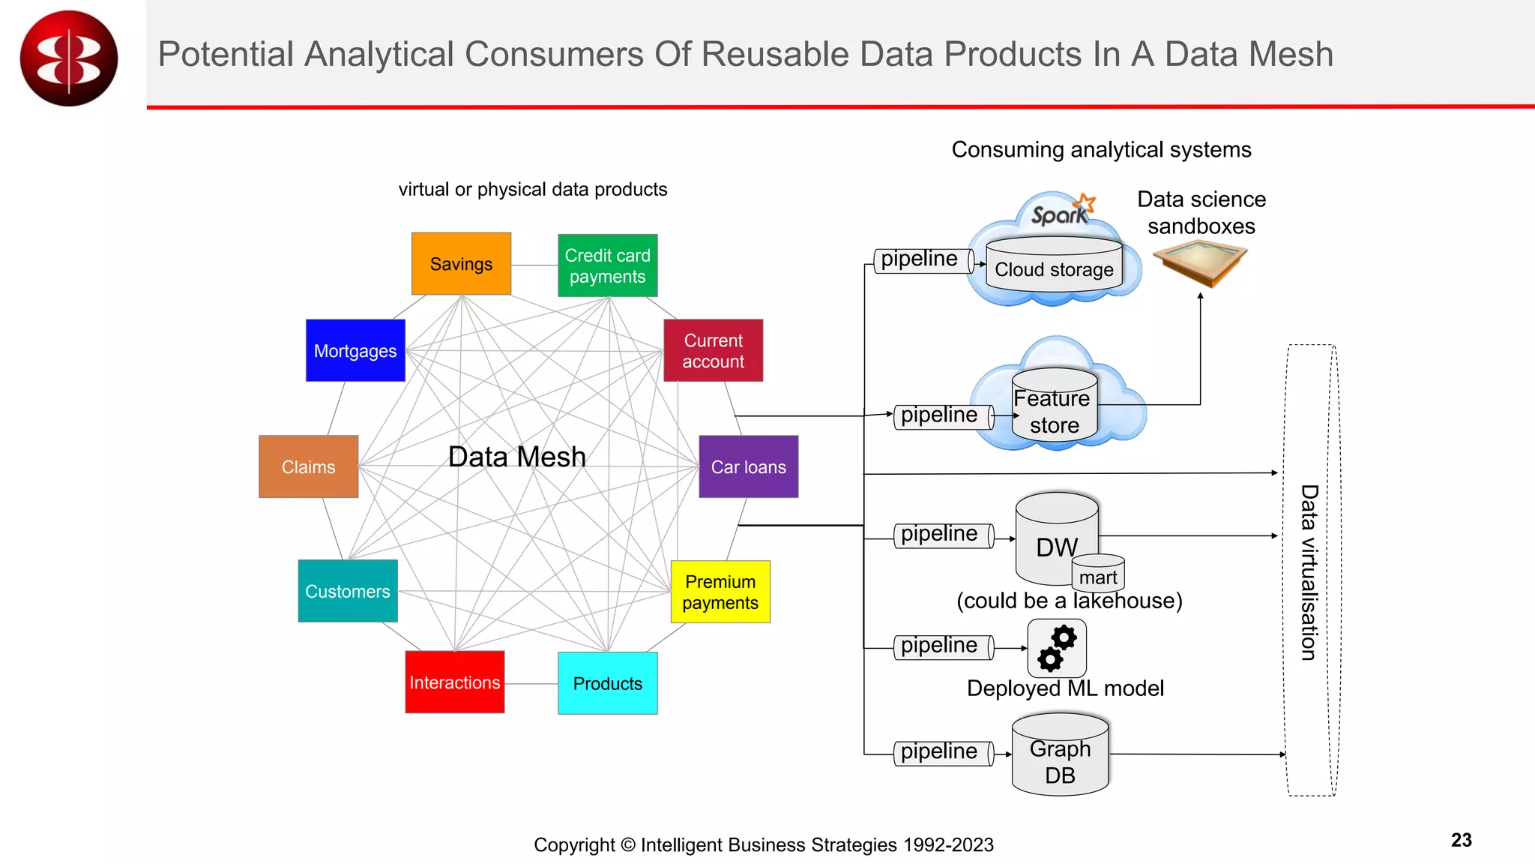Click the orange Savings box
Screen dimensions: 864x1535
(x=461, y=263)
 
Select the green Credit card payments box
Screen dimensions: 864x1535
(x=607, y=265)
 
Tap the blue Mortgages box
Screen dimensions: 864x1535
(x=355, y=350)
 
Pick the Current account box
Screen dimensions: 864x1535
(x=713, y=350)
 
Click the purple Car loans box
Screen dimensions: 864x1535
(x=748, y=466)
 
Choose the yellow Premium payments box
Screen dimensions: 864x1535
(x=720, y=592)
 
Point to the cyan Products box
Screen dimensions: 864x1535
(x=607, y=683)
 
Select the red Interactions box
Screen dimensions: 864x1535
(x=454, y=682)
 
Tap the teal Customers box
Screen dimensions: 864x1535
(x=348, y=591)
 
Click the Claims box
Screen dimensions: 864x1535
(x=308, y=466)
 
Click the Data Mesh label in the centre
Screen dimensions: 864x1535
(x=516, y=457)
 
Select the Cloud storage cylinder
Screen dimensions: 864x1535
(x=1054, y=264)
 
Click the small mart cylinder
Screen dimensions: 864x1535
(x=1098, y=574)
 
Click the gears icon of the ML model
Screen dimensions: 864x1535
(x=1057, y=648)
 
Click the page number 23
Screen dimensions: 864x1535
(x=1461, y=840)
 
